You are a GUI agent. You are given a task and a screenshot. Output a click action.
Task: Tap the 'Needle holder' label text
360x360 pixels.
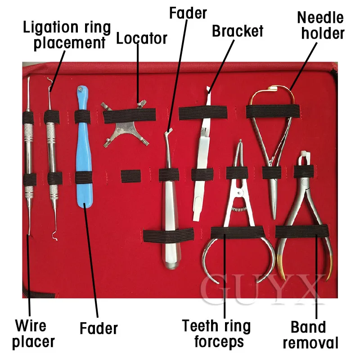tap(320, 25)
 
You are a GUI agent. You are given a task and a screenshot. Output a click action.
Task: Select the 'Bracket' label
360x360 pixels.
tap(238, 31)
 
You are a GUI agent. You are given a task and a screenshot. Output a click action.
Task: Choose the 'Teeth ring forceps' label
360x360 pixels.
tap(216, 333)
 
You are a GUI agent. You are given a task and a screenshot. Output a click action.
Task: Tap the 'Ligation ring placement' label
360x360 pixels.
tap(67, 35)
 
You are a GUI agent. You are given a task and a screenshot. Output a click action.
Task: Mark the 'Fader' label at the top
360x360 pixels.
tap(188, 13)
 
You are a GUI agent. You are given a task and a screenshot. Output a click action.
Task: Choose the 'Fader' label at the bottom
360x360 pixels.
tap(99, 328)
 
